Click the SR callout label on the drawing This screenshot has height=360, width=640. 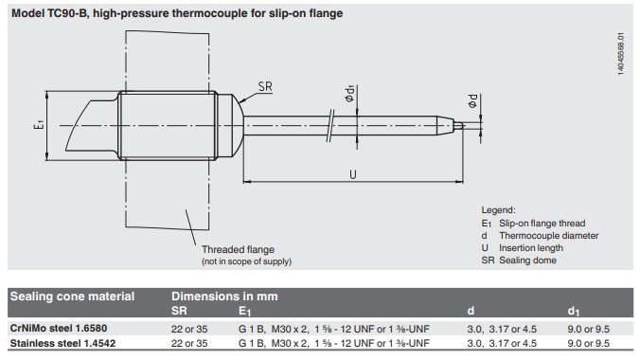pyautogui.click(x=265, y=86)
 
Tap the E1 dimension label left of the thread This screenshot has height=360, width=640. pyautogui.click(x=39, y=124)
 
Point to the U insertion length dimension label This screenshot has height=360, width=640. pyautogui.click(x=353, y=174)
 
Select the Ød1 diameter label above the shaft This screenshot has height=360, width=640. pyautogui.click(x=350, y=94)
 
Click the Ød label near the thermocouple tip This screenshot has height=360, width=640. pyautogui.click(x=472, y=101)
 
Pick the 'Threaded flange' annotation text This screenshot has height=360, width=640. pyautogui.click(x=238, y=249)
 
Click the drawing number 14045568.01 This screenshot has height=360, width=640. pyautogui.click(x=621, y=54)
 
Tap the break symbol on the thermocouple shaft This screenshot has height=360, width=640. pyautogui.click(x=330, y=126)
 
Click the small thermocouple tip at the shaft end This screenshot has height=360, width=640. pyautogui.click(x=458, y=125)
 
